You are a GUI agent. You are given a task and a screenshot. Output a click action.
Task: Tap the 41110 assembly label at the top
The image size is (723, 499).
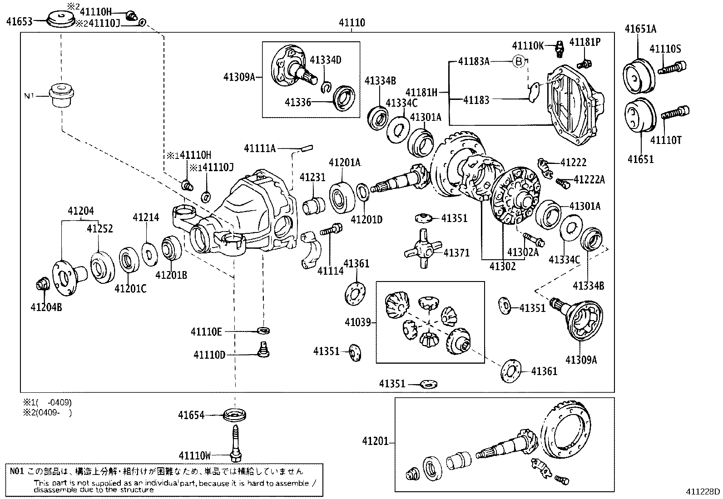[x=352, y=22]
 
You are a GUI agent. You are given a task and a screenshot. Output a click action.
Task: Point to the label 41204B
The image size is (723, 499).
[x=46, y=307]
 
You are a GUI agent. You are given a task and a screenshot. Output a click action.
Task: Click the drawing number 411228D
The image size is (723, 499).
[x=703, y=491]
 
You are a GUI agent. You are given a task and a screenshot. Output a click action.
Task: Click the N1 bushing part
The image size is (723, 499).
[x=62, y=95]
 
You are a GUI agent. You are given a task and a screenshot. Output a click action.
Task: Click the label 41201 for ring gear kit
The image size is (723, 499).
[x=376, y=440]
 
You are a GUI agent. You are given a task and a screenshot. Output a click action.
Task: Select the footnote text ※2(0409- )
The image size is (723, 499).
[x=48, y=413]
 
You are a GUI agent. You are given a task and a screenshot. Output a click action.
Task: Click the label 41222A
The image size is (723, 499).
[x=589, y=180]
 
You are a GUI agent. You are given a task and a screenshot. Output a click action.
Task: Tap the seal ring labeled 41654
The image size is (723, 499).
[x=236, y=415]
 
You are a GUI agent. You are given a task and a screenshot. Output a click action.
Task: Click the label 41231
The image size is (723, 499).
[x=312, y=177]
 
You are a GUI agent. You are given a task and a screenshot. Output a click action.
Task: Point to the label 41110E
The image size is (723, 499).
[x=206, y=332]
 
